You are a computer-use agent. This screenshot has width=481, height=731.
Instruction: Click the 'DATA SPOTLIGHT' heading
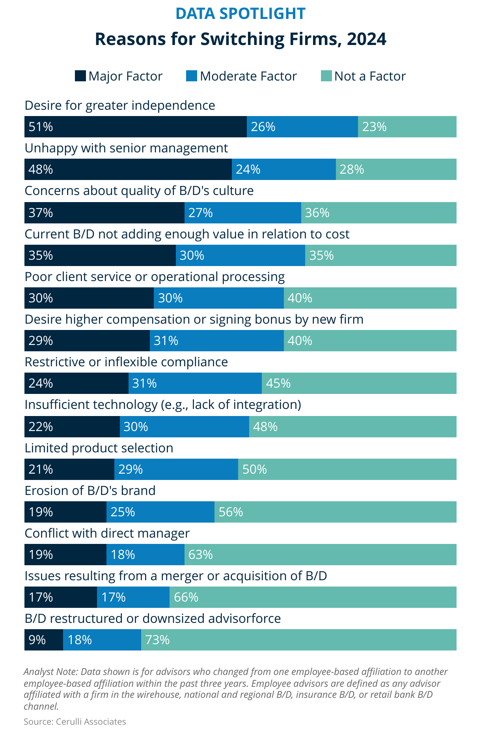(x=240, y=13)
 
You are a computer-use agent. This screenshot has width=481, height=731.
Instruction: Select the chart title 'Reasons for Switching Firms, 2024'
(x=240, y=39)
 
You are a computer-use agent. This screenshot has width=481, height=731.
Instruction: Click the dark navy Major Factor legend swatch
(x=80, y=76)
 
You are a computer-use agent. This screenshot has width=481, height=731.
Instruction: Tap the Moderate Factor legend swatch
(x=191, y=76)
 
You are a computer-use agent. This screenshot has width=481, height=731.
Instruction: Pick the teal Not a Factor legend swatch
(x=326, y=76)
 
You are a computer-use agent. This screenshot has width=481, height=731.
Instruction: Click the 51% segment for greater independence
(x=135, y=127)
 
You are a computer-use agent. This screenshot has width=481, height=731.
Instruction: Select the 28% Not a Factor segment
(x=396, y=169)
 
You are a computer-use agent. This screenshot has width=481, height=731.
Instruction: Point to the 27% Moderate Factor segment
(x=242, y=213)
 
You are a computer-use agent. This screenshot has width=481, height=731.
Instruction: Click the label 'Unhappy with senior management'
(x=126, y=148)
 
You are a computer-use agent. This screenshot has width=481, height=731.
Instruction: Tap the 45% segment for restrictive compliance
(x=359, y=383)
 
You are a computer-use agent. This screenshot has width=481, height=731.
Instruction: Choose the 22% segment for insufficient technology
(x=72, y=427)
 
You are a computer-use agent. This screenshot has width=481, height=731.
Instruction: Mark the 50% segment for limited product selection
(x=347, y=469)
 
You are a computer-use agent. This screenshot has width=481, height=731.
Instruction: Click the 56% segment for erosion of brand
(x=335, y=512)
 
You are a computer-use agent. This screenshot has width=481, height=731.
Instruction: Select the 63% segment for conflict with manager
(x=320, y=555)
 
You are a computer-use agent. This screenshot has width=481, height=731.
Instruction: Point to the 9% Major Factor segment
(x=43, y=640)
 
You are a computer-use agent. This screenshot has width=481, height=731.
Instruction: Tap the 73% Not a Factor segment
(x=298, y=640)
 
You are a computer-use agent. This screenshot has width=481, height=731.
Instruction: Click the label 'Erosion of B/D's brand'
(x=90, y=491)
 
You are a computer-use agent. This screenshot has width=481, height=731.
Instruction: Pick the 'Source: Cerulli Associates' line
(x=75, y=722)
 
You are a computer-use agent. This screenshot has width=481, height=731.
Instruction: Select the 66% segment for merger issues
(x=313, y=597)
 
